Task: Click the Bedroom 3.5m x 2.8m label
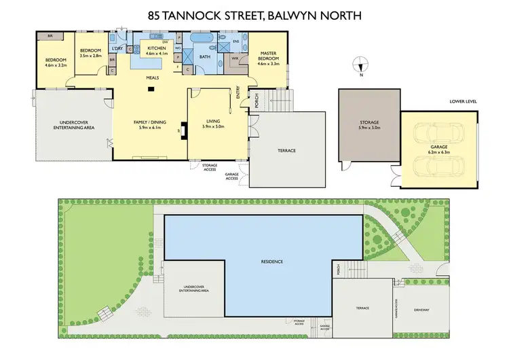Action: coord(90,54)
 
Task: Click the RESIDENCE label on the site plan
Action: coord(271,262)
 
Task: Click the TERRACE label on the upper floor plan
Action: coord(287,150)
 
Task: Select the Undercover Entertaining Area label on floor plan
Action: coord(71,126)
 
